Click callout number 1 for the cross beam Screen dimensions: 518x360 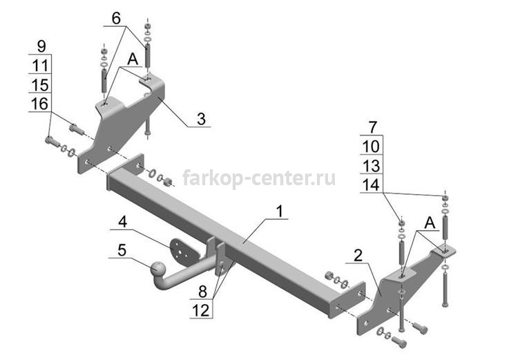[280, 211]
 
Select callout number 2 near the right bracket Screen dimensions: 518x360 [358, 256]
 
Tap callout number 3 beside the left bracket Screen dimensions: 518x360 [201, 119]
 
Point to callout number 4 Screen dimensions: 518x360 [122, 222]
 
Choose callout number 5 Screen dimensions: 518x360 [122, 250]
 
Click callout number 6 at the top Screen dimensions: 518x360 [116, 19]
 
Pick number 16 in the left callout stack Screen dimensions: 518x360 [39, 104]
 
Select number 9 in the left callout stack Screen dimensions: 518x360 [41, 46]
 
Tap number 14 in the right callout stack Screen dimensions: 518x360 [371, 184]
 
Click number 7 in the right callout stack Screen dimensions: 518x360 [373, 127]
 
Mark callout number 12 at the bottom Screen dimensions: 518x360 [201, 311]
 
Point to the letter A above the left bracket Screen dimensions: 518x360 [133, 59]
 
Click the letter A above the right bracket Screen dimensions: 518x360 [430, 223]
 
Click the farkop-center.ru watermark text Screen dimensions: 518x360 [259, 178]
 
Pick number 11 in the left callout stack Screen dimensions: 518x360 [40, 66]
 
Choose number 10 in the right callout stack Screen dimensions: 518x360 [371, 146]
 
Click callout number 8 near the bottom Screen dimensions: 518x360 [202, 292]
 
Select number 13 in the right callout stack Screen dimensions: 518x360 [371, 166]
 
